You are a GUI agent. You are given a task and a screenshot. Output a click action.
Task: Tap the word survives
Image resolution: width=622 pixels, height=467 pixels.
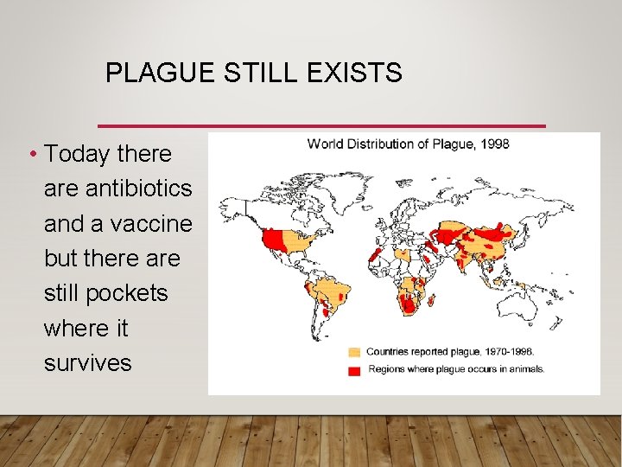pos(88,362)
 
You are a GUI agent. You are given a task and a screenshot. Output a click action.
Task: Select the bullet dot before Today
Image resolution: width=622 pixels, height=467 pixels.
pos(32,155)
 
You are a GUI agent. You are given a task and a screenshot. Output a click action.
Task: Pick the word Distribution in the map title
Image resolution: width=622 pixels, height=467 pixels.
pos(386,144)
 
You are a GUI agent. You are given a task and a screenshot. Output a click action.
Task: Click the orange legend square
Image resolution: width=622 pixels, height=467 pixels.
pos(354,353)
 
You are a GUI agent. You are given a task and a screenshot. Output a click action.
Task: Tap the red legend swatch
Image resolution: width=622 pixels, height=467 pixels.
pos(354,369)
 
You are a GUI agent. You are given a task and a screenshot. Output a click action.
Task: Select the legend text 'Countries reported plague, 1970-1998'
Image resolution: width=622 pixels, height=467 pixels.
pos(449,352)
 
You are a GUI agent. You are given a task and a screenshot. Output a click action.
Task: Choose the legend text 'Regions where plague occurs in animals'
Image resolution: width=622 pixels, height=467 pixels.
pos(457,369)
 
